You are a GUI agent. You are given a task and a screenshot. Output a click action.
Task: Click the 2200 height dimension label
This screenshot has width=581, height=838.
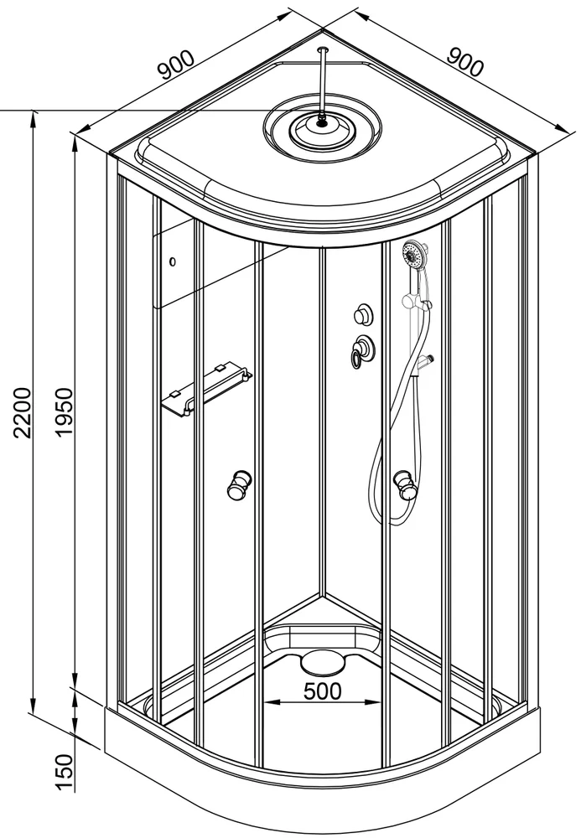(x=23, y=412)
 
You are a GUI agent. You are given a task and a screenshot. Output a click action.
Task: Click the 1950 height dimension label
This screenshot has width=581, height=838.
(x=64, y=412)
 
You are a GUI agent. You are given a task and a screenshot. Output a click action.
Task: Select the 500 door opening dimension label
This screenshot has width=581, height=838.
(x=322, y=691)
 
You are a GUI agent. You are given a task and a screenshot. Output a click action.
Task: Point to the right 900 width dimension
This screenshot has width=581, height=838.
(x=464, y=61)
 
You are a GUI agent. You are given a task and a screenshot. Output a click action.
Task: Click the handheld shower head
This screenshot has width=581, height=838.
(x=415, y=253)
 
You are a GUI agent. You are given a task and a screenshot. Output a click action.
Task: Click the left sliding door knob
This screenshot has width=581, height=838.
(x=239, y=484)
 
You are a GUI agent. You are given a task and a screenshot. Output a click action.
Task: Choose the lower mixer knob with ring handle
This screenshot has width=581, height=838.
(x=362, y=350)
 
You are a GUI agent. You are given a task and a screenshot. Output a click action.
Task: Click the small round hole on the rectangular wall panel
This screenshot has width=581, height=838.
(x=172, y=261)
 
